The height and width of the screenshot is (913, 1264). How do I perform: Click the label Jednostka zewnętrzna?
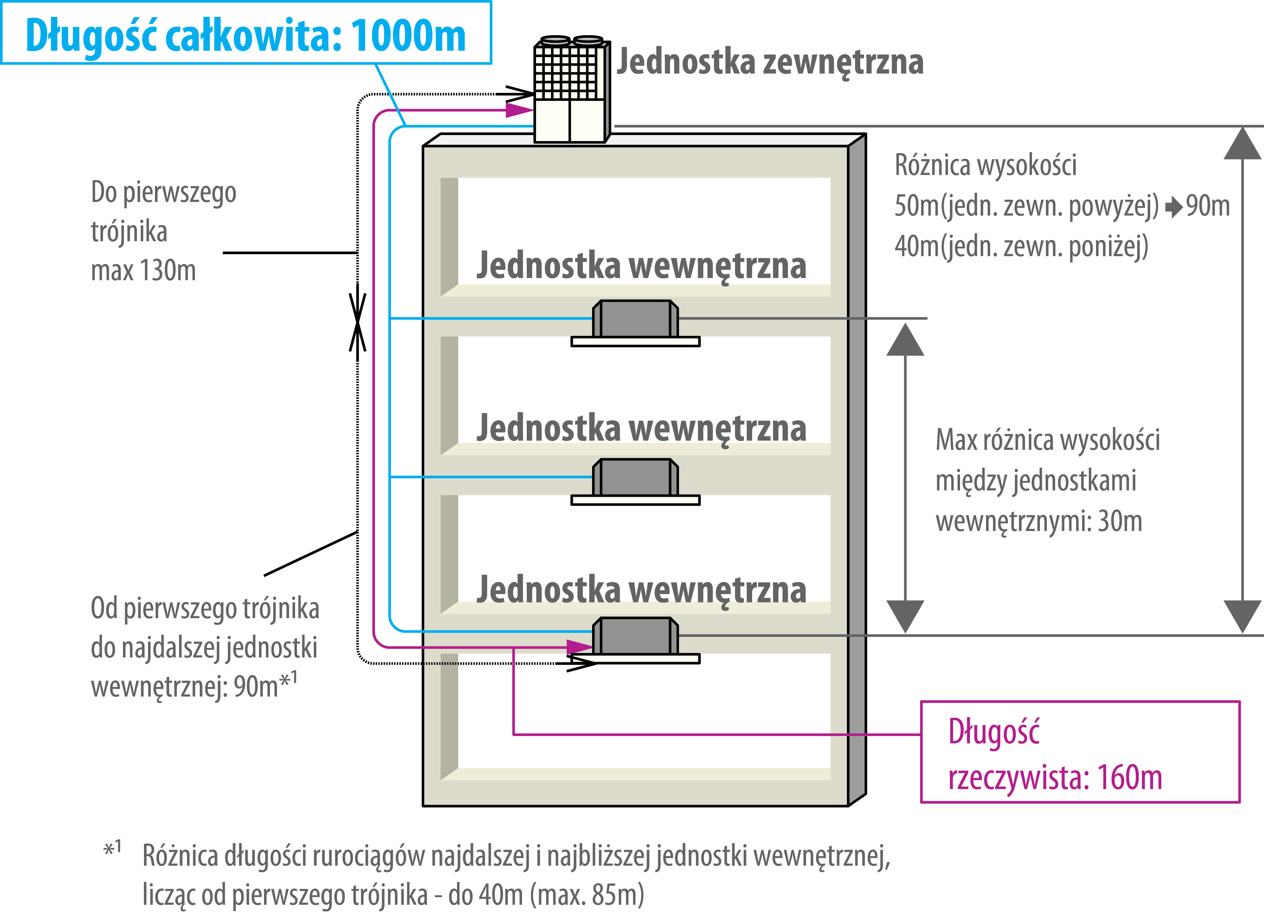coord(770,61)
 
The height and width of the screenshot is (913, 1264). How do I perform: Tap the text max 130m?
coord(143,271)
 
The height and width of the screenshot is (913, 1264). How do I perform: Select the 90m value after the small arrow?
coord(1208,206)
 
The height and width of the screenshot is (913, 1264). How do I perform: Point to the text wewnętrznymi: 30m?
coord(1038,521)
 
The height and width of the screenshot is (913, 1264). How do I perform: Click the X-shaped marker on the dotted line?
coord(357,322)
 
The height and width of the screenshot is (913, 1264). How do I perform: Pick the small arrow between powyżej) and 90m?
coord(1173,207)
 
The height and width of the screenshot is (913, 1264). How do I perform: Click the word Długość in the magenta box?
coord(994,732)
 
